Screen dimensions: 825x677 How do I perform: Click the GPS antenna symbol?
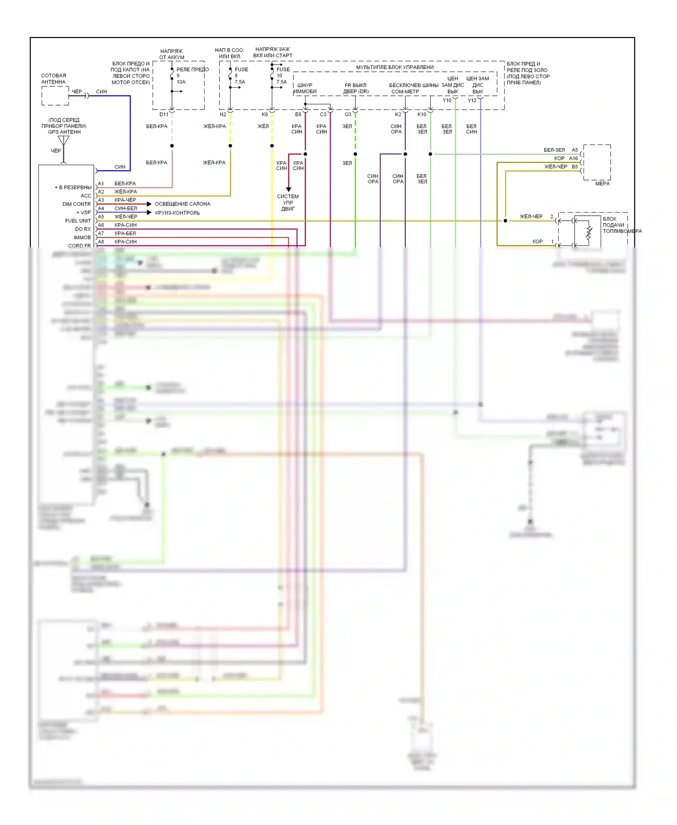tap(64, 141)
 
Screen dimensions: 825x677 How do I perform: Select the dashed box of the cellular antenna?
tap(55, 96)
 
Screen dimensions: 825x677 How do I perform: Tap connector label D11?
tap(164, 115)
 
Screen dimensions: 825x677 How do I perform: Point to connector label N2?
tap(223, 115)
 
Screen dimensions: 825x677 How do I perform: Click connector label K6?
tap(265, 115)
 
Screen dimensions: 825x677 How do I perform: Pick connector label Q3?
tap(348, 115)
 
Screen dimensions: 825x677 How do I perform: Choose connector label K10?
tap(422, 115)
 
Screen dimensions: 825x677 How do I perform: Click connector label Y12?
tap(472, 101)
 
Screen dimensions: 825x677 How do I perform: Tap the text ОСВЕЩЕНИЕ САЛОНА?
tap(182, 204)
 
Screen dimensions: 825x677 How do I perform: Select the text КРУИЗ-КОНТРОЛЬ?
tap(177, 213)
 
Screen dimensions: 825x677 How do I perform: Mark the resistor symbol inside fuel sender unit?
tap(589, 233)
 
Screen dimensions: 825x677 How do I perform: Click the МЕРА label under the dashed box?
tap(602, 184)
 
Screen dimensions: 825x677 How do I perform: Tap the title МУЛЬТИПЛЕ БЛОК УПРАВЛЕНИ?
tap(395, 67)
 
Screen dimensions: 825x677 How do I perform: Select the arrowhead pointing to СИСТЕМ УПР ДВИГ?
tap(288, 189)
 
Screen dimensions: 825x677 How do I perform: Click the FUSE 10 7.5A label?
tap(283, 75)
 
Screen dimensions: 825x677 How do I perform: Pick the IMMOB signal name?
tap(82, 237)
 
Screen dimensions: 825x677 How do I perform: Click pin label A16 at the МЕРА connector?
tap(573, 158)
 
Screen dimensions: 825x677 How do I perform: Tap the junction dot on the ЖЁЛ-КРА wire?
tap(230, 146)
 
